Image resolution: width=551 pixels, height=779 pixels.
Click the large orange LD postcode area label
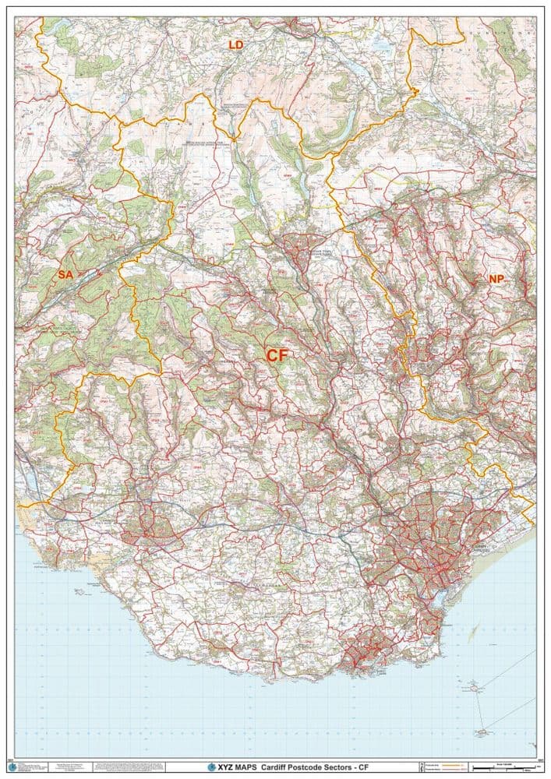235,45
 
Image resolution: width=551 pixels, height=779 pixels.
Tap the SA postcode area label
65,275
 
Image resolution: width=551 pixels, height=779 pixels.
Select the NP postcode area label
496,279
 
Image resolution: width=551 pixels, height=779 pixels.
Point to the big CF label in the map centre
277,355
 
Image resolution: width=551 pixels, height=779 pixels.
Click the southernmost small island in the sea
483,732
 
